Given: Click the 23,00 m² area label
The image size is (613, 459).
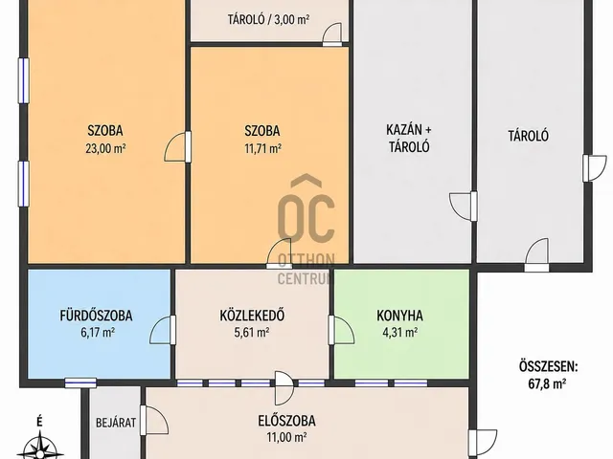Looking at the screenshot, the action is coord(105,149).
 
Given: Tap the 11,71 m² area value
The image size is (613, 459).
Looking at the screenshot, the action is coord(262,149).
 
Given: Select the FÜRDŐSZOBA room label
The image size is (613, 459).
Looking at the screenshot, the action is coord(96,316).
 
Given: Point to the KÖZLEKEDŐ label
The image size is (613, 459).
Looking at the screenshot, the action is coord(252,316).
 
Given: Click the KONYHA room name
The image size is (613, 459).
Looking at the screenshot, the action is coord(399,316).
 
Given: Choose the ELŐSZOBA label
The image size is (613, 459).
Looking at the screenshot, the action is coord(286,421).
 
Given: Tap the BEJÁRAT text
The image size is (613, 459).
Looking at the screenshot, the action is coord(116,423).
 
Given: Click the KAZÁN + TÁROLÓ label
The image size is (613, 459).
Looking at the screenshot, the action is coord(409,138).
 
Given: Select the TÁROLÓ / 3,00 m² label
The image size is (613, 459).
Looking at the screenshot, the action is coord(268,19).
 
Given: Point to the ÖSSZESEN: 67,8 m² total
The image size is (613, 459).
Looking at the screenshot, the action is coord(548,375).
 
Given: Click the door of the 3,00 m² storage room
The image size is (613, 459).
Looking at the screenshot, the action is coord(332,34).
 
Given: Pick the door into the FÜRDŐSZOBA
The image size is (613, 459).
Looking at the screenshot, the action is coord(163,330).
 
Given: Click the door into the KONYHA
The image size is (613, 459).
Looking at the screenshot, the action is coord(341,330).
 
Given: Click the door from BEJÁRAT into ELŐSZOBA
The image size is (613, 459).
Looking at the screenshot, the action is coord(154,420).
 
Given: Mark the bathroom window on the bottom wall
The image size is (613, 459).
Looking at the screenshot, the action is coord(80,382).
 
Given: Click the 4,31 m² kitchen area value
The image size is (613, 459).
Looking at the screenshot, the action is coord(399,332).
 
